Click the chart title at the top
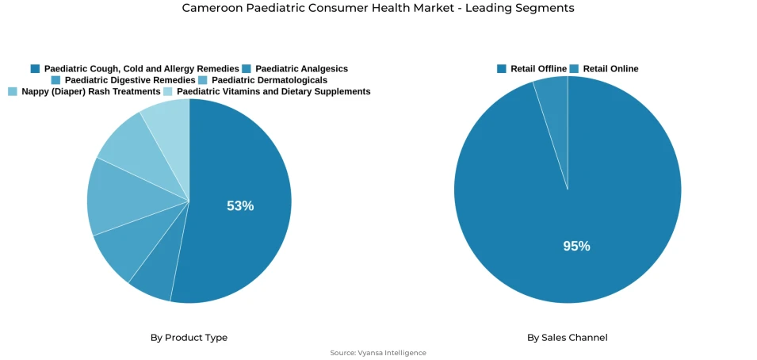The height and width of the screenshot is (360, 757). pyautogui.click(x=378, y=8)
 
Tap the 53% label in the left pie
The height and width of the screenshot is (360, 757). pyautogui.click(x=240, y=206)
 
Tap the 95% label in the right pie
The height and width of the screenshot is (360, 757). pyautogui.click(x=576, y=247)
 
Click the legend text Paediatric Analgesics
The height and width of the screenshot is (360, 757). pyautogui.click(x=301, y=69)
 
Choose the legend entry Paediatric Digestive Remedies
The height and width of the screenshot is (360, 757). pyautogui.click(x=130, y=80)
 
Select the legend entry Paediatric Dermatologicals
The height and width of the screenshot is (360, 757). pyautogui.click(x=270, y=80)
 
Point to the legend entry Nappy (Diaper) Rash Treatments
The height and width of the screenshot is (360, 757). pyautogui.click(x=91, y=92)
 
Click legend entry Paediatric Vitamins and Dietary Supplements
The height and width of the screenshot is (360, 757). pyautogui.click(x=273, y=92)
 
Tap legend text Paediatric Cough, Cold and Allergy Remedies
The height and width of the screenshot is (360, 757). pyautogui.click(x=141, y=69)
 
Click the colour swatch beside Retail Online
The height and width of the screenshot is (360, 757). pyautogui.click(x=574, y=69)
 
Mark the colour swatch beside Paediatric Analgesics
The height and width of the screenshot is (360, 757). pyautogui.click(x=247, y=69)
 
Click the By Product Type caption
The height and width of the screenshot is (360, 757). pyautogui.click(x=189, y=338)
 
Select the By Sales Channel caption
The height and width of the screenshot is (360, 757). pyautogui.click(x=568, y=338)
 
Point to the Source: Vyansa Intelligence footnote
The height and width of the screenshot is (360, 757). pyautogui.click(x=378, y=353)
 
